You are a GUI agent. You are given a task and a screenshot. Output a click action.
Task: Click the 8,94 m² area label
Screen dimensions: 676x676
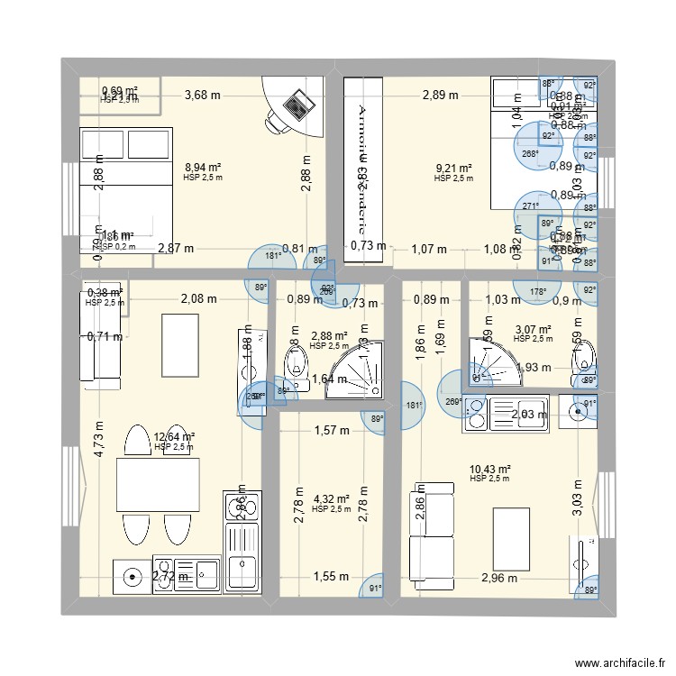[203, 168]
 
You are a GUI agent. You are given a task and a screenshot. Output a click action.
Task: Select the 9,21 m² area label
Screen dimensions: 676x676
[454, 169]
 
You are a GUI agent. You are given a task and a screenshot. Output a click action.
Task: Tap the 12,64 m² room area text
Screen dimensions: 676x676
[175, 436]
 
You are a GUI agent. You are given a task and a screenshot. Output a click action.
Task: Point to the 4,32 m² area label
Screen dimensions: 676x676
[331, 498]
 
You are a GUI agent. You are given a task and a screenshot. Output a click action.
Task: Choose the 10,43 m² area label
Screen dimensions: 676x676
[490, 469]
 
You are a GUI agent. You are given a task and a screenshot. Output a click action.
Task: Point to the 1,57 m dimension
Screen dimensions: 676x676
[331, 431]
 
